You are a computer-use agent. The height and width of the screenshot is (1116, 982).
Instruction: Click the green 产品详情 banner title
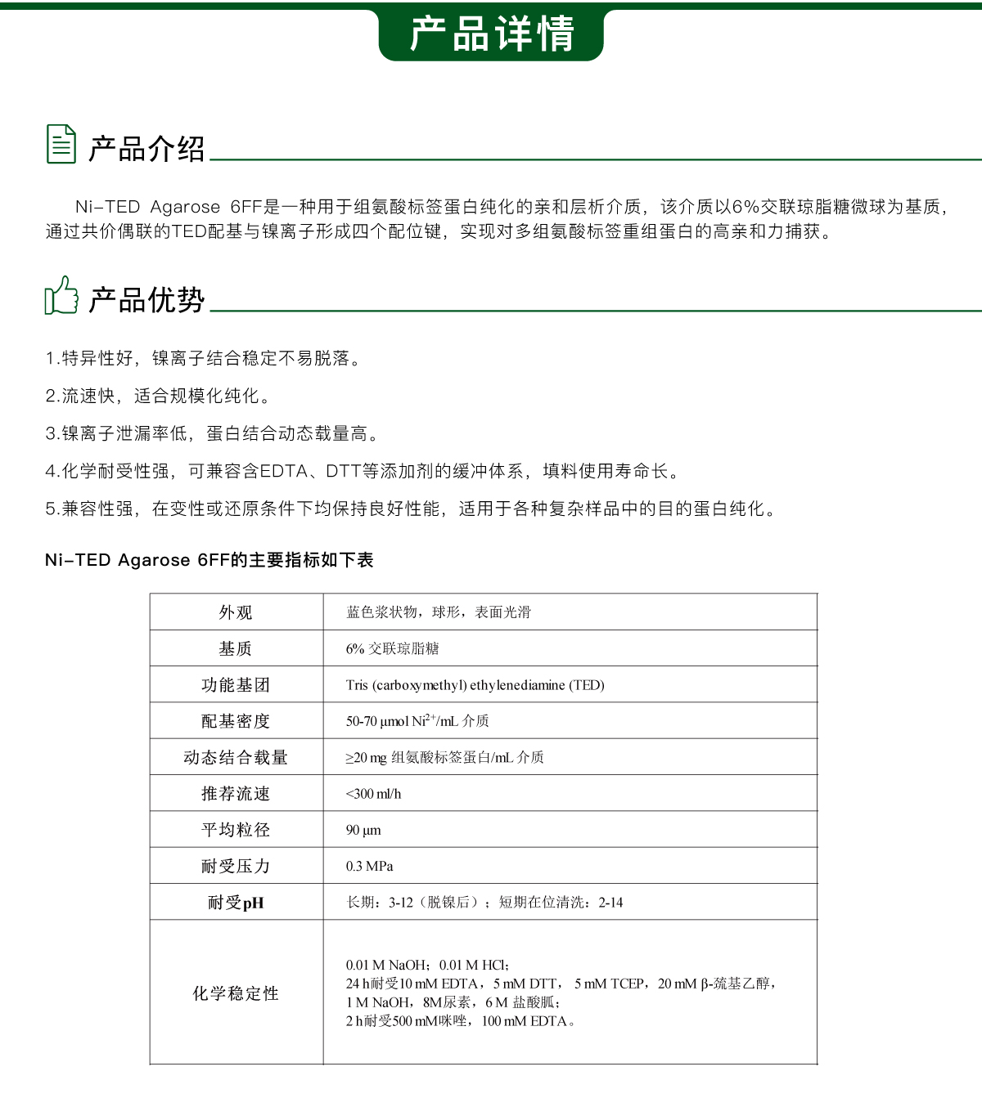(491, 34)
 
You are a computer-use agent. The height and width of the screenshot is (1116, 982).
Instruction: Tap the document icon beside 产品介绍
(61, 144)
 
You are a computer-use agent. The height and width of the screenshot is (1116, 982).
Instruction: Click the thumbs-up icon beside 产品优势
(61, 295)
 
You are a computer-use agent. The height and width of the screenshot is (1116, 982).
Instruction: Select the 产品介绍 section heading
(146, 149)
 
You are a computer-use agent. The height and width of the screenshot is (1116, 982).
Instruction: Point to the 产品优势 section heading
(146, 300)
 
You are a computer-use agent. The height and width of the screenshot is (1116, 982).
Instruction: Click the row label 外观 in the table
(236, 612)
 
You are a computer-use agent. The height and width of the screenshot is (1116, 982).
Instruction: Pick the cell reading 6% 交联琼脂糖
(392, 649)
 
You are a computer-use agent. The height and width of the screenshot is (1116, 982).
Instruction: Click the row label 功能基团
(236, 685)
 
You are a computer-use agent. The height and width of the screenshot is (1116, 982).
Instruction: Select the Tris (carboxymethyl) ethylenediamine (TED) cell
(475, 685)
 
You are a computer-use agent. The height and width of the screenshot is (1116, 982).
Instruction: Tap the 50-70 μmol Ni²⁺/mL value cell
(417, 721)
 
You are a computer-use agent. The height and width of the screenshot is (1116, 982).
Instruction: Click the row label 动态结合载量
(236, 758)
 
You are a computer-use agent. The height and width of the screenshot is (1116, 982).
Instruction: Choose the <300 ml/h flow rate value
(373, 794)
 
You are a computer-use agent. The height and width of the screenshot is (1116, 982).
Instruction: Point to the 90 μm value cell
(363, 830)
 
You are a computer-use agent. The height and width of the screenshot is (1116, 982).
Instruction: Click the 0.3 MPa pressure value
(369, 866)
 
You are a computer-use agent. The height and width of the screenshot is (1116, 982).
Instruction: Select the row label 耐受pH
(236, 903)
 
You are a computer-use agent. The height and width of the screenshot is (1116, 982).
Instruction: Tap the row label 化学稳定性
(236, 993)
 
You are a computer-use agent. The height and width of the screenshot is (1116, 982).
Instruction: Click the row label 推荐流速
(236, 794)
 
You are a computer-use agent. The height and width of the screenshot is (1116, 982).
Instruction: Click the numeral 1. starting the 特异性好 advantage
(51, 358)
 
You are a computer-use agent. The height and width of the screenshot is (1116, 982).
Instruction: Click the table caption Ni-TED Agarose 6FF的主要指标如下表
(209, 560)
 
